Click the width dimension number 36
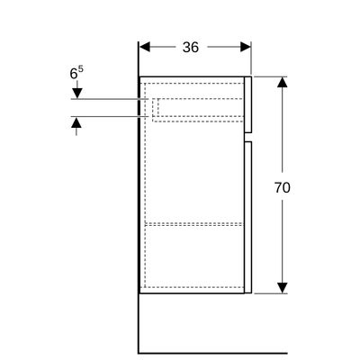coord(191,47)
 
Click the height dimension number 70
coord(282,188)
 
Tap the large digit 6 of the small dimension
coord(74,74)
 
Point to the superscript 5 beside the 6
coord(81,69)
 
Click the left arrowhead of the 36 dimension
coord(145,47)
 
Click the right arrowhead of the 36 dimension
coord(246,47)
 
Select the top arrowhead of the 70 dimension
coord(282,82)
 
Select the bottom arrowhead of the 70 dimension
coord(282,288)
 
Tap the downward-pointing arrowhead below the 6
coord(76,94)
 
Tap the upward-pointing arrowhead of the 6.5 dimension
coord(76,122)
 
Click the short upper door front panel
coord(247,104)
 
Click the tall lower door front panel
coord(247,217)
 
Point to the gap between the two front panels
coord(248,137)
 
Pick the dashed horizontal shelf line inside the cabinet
coord(193,224)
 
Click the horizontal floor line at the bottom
coord(213,353)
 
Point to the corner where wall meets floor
coord(139,353)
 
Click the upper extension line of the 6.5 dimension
coord(110,99)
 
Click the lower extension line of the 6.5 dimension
coord(110,116)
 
